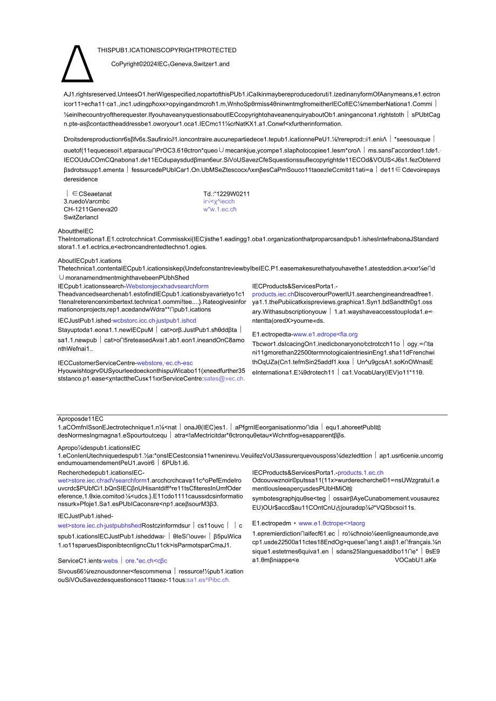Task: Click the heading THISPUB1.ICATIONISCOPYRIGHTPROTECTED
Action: (x=167, y=50)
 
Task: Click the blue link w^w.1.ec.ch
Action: (x=220, y=209)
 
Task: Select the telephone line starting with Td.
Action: (x=226, y=194)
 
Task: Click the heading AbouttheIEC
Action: (x=75, y=231)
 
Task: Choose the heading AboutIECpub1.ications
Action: (x=90, y=261)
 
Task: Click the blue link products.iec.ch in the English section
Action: (x=273, y=294)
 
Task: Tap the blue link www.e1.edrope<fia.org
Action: (x=325, y=334)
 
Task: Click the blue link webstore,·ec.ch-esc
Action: (x=165, y=363)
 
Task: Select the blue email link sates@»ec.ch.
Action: (x=224, y=378)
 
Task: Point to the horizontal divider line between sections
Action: (x=252, y=415)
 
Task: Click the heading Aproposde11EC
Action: (x=80, y=419)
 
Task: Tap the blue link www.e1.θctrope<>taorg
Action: (x=332, y=523)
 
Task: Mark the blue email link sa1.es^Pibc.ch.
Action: (x=209, y=580)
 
